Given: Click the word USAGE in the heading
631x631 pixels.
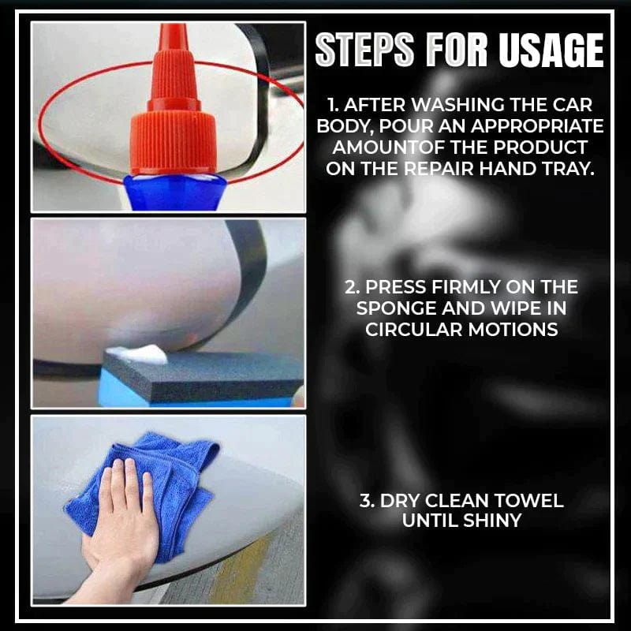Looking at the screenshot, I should pos(551,51).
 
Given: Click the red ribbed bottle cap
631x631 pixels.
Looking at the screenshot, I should pos(174,142).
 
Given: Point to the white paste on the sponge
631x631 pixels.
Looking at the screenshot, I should pos(137,355).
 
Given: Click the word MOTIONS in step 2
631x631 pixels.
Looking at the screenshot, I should pos(513,329).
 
